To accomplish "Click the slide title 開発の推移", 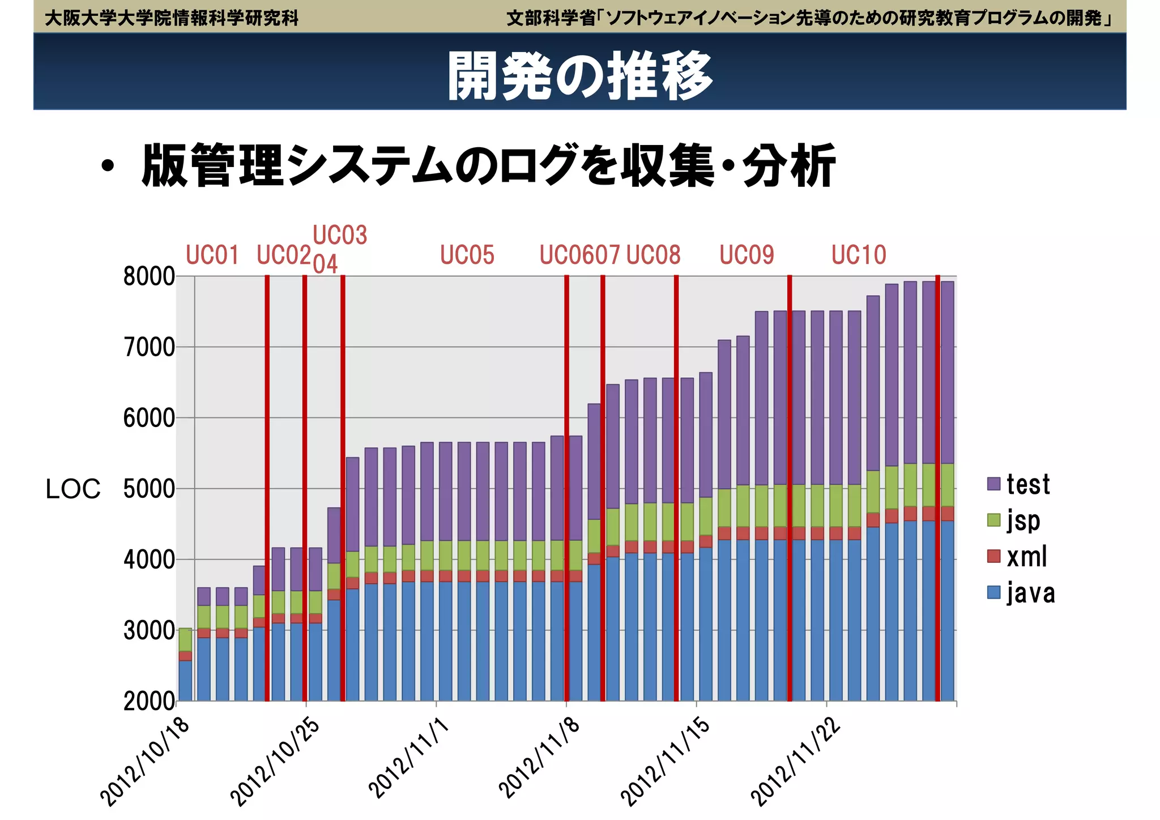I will pos(580,76).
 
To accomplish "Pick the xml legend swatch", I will pos(993,557).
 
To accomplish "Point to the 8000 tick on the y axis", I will pos(149,277).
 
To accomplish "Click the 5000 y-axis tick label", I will pos(149,489).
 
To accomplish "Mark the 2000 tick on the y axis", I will pos(149,702).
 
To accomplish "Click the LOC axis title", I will pos(73,489).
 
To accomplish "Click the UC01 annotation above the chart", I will pos(212,255).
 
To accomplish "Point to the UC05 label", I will pos(467,255).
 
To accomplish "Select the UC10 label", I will pos(859,255).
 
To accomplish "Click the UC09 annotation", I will pos(747,255).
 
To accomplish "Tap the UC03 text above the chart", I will pos(340,235).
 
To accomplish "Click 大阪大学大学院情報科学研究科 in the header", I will pos(171,18).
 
